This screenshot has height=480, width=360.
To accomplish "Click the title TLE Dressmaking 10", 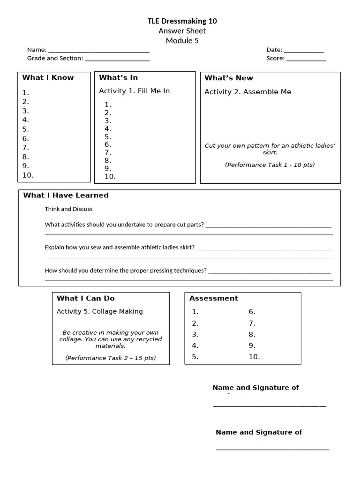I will [182, 21].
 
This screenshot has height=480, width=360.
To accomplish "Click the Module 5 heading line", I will [182, 41].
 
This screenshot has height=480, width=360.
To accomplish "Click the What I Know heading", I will [48, 78].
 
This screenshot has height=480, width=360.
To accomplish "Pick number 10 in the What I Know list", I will [28, 175].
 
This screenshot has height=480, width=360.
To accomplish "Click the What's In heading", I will [118, 78].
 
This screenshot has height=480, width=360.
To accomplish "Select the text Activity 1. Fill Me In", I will [134, 91].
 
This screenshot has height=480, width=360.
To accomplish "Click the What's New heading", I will [228, 78].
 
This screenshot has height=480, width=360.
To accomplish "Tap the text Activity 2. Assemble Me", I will [247, 92].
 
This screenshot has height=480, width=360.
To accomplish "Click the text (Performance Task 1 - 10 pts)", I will [270, 165].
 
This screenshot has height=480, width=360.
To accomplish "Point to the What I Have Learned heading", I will [66, 195].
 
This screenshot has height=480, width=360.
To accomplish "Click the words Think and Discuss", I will [68, 209].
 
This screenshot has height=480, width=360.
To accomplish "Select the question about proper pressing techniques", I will [126, 270].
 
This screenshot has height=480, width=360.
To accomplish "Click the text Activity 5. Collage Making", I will [99, 312].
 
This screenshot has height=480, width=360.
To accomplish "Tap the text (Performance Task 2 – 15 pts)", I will [110, 358].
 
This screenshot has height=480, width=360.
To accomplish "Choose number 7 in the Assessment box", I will [252, 323].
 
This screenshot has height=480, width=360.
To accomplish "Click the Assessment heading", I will [213, 299].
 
